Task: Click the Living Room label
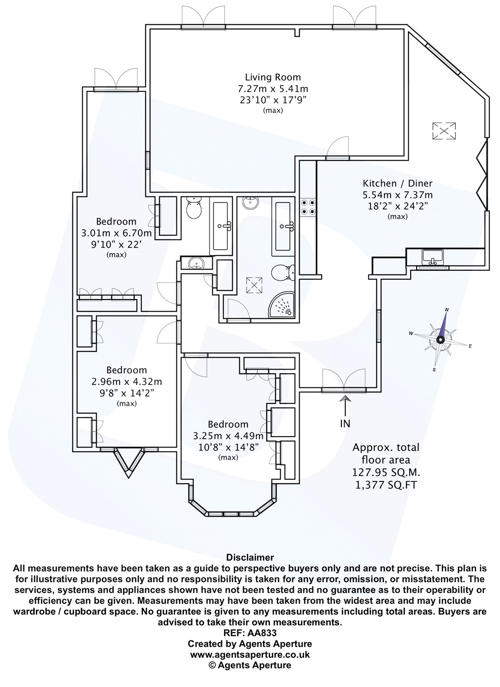pyautogui.click(x=273, y=77)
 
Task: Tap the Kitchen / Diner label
pyautogui.click(x=397, y=183)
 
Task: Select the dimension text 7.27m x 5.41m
pyautogui.click(x=273, y=89)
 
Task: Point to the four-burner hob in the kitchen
pyautogui.click(x=308, y=207)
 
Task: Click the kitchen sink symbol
pyautogui.click(x=433, y=257)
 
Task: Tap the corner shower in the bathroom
pyautogui.click(x=282, y=305)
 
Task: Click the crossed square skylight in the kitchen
pyautogui.click(x=444, y=131)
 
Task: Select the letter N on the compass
pyautogui.click(x=447, y=310)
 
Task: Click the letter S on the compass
pyautogui.click(x=434, y=370)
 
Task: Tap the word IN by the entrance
pyautogui.click(x=345, y=424)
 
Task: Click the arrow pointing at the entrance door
pyautogui.click(x=346, y=405)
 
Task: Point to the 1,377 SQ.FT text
pyautogui.click(x=386, y=485)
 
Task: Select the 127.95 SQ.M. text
pyautogui.click(x=386, y=473)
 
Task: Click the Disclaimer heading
pyautogui.click(x=250, y=557)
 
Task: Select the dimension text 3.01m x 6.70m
pyautogui.click(x=116, y=234)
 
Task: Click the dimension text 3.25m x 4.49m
pyautogui.click(x=228, y=436)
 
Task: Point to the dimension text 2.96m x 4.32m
pyautogui.click(x=127, y=382)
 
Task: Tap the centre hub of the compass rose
pyautogui.click(x=440, y=339)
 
